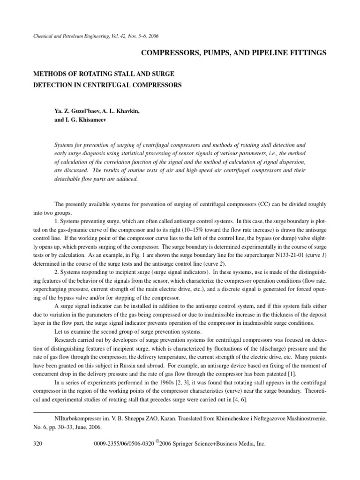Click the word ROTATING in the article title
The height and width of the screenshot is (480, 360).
point(90,74)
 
